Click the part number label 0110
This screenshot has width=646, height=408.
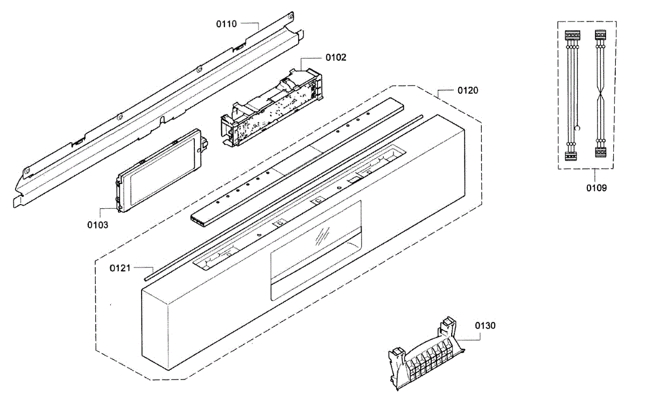[x=227, y=24]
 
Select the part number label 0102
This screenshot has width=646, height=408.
[x=336, y=57]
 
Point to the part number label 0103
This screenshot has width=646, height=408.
[x=98, y=224]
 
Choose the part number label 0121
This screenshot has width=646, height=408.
[x=121, y=268]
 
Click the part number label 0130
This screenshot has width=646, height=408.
[x=485, y=326]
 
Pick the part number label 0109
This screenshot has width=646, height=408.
[x=596, y=188]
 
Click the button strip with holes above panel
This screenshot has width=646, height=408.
[x=296, y=161]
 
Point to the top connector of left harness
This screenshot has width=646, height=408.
[x=571, y=36]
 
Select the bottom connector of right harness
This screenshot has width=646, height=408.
[x=601, y=153]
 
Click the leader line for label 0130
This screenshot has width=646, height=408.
[x=468, y=338]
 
